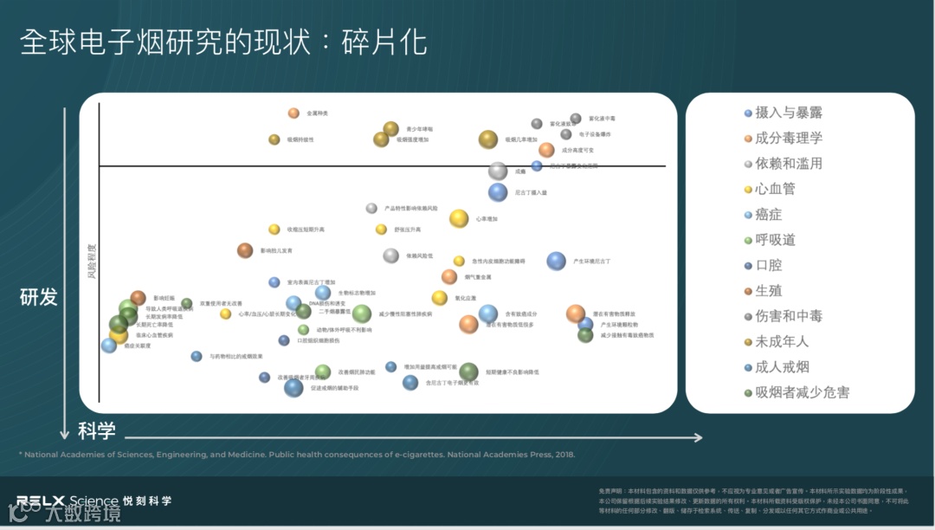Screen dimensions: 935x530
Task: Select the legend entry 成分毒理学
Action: pos(789,138)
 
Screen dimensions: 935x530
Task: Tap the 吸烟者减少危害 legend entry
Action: pos(802,392)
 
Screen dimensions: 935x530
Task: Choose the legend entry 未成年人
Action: pos(782,341)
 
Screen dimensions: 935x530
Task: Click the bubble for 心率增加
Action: pos(459,218)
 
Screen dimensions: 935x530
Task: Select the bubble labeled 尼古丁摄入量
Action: pos(497,192)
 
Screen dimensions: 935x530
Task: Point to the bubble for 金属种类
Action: pos(293,113)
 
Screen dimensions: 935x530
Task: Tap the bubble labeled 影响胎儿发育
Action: pos(245,250)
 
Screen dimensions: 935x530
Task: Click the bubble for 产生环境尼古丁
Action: pos(556,261)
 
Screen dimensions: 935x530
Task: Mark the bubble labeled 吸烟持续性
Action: pos(274,139)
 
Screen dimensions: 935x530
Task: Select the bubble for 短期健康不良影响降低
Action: pos(468,372)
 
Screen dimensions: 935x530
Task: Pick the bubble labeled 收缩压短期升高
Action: pos(274,229)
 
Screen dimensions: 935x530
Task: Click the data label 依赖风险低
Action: pos(420,255)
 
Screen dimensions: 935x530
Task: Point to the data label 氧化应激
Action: pos(465,298)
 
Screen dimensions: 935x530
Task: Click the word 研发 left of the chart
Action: pos(39,297)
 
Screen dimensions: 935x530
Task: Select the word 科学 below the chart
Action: pos(97,430)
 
